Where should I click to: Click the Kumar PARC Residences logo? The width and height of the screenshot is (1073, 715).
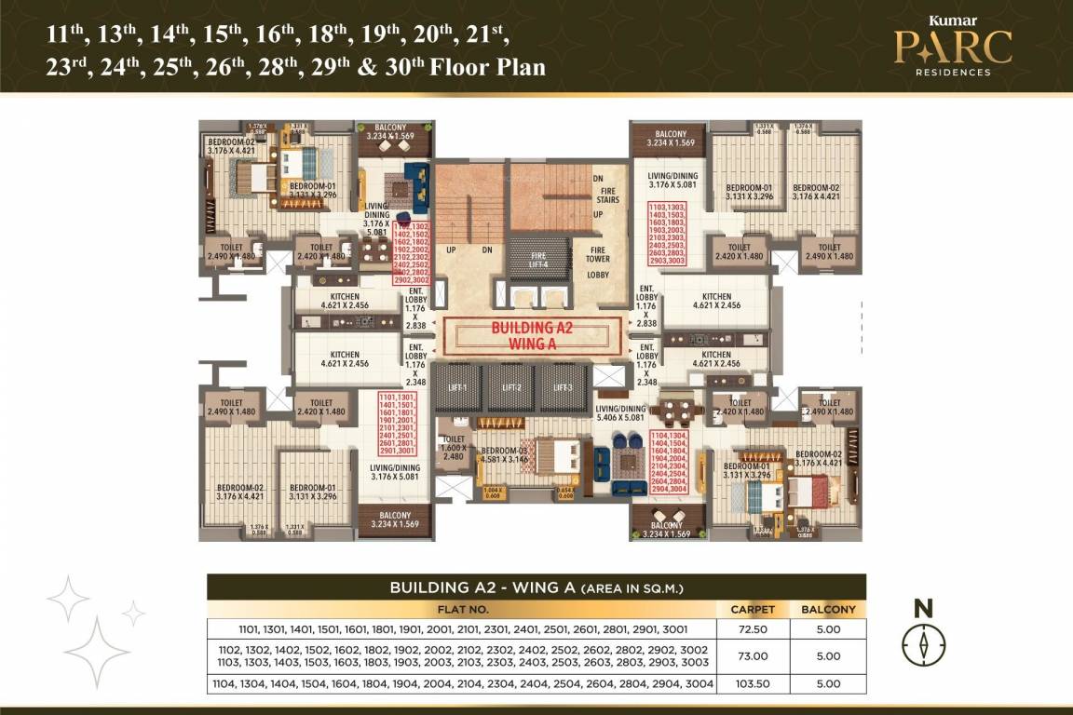point(952,46)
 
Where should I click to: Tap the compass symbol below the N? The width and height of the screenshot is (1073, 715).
point(923,644)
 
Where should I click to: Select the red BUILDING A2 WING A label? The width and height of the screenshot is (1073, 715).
point(531,336)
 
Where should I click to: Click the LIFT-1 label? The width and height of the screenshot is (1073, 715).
point(459,387)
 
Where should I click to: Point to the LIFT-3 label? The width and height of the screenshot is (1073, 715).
point(563,387)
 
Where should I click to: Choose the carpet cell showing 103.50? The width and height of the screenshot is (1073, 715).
point(752,683)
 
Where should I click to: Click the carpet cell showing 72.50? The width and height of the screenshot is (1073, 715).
point(752,628)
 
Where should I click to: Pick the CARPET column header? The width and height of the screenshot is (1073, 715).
point(752,610)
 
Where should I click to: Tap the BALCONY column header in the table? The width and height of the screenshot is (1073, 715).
point(828,610)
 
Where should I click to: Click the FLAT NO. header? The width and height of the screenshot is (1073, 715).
point(462,610)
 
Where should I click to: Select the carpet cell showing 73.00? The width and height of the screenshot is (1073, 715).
point(752,655)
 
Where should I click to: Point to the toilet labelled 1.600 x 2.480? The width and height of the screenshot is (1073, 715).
point(454,447)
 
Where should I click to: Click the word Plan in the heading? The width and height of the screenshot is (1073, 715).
point(516,68)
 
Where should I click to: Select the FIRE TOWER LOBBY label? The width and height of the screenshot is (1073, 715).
point(598,260)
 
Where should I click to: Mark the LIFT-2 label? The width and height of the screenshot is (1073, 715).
point(510,387)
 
